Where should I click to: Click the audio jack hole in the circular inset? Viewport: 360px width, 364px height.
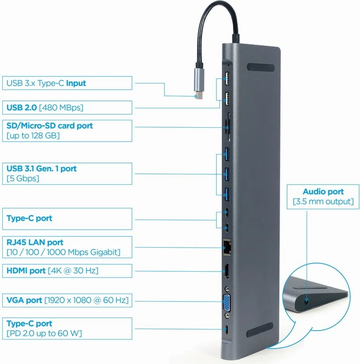[x=307, y=300]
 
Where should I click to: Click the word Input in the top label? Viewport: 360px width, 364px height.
[x=76, y=83]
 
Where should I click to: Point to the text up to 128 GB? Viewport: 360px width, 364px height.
[x=33, y=135]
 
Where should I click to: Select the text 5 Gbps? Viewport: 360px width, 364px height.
[x=23, y=179]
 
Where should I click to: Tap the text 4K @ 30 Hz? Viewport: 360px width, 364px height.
[x=73, y=270]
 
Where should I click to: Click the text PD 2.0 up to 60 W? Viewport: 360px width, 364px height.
[x=44, y=333]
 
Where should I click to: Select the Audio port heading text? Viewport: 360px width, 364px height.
[x=323, y=191]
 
